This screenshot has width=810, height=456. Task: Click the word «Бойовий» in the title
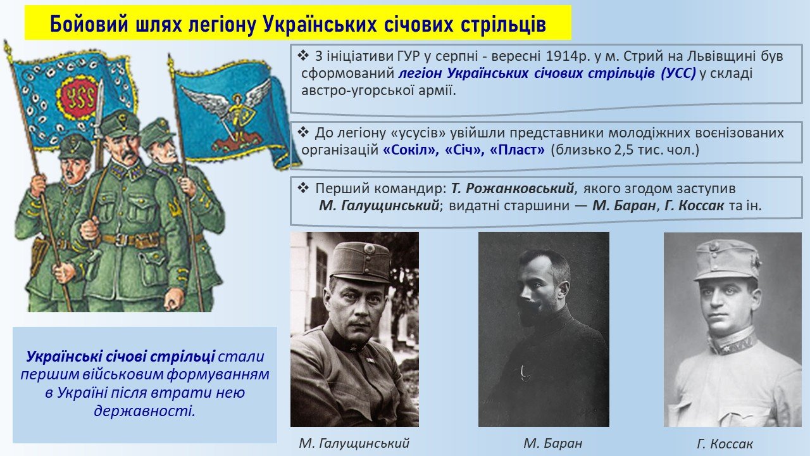(89, 25)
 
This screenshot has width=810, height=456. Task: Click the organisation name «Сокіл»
(409, 150)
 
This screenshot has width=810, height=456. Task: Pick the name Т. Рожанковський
(513, 189)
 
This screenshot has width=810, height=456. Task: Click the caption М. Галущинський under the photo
(354, 443)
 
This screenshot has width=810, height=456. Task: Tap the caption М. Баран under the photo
(553, 443)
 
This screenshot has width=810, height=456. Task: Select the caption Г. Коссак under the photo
(725, 443)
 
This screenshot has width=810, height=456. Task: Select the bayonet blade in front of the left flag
(99, 98)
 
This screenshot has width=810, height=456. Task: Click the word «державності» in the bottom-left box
(144, 411)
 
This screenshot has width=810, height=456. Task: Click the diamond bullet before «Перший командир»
(303, 188)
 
